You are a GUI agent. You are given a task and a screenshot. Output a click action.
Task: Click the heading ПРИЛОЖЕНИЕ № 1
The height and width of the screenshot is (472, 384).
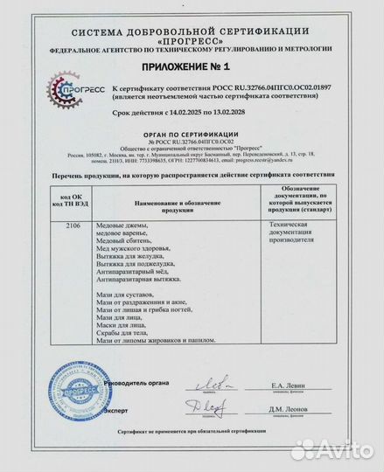coord(192,66)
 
